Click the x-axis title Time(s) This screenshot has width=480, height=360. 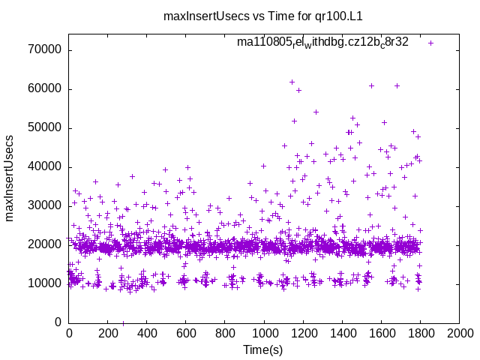click(x=264, y=349)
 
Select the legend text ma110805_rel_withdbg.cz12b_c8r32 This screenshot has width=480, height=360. click(x=322, y=42)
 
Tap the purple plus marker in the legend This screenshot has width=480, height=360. click(x=430, y=43)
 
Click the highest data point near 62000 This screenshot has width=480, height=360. click(x=292, y=82)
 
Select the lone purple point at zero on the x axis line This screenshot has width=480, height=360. click(x=123, y=322)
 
